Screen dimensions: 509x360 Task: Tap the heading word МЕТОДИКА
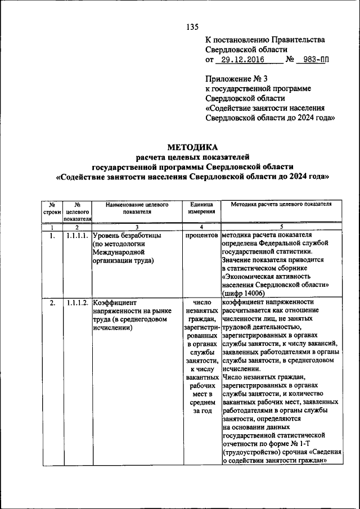(192, 147)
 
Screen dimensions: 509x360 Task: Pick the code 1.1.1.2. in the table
(77, 303)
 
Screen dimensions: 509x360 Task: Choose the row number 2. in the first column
(52, 303)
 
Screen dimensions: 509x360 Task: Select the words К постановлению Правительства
(264, 40)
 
